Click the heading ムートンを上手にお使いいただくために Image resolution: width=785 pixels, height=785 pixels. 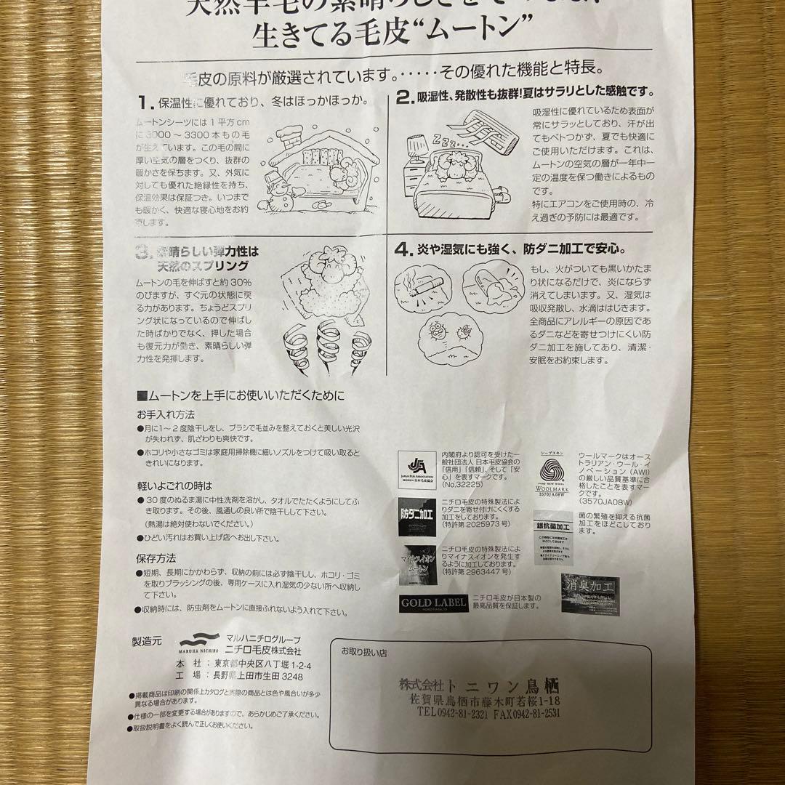tap(241, 396)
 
